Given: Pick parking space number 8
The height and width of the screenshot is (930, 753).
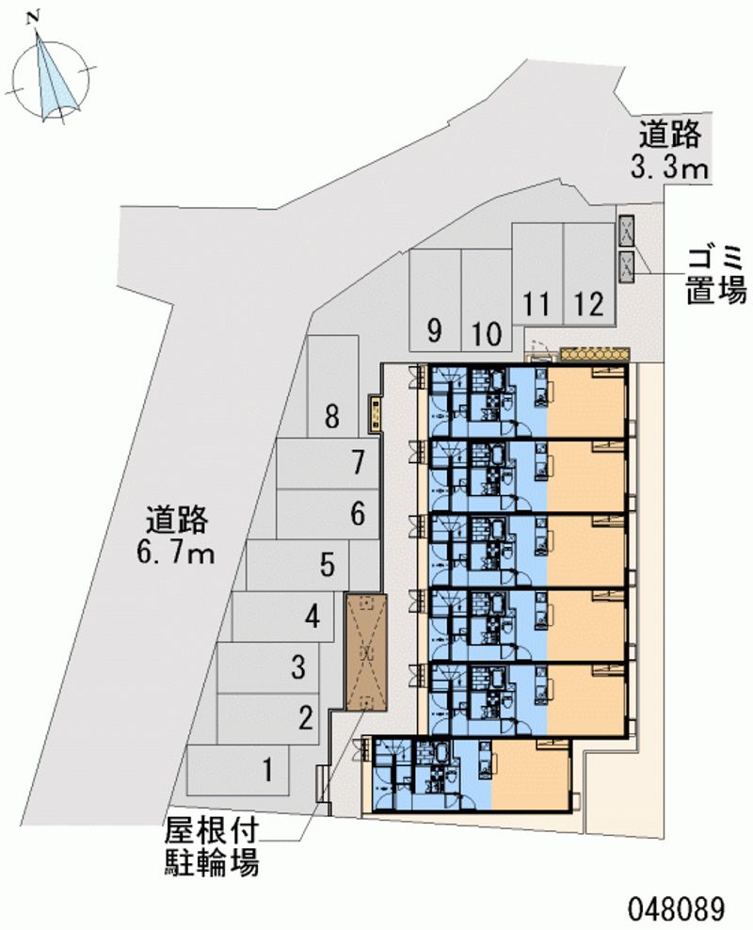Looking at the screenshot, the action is coord(330,395).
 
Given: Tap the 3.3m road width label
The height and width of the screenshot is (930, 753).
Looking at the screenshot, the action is coord(669,152).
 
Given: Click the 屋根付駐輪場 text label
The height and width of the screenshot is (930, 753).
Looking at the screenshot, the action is coord(211,846).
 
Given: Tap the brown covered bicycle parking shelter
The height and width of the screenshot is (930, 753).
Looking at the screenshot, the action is coord(366,651).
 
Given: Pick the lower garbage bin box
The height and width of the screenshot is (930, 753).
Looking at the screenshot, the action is coord(627,265).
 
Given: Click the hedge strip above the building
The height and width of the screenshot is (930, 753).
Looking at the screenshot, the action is coord(593,353).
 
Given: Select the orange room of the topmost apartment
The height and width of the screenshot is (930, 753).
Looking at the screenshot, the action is coord(586,402).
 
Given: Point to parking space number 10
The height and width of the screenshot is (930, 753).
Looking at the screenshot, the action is coord(486,311).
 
